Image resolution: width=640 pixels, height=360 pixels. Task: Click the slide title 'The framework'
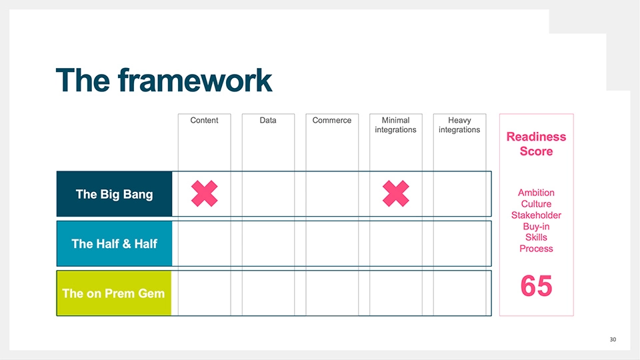(x=164, y=81)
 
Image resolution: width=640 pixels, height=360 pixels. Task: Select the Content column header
(x=204, y=121)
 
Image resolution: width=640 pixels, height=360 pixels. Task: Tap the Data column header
(x=268, y=121)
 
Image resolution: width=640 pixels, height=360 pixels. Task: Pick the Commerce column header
(x=332, y=121)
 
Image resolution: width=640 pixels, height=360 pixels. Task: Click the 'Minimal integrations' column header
(x=395, y=125)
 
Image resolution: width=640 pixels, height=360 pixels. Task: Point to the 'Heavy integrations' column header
(x=459, y=125)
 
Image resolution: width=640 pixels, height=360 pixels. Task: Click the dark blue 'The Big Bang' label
(x=114, y=195)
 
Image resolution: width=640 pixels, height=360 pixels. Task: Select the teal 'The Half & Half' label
(x=114, y=244)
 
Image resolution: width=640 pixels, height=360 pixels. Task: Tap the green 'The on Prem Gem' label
(x=113, y=293)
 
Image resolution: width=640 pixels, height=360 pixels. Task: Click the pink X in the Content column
(x=205, y=193)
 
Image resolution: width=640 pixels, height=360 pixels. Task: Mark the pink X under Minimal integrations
(x=396, y=193)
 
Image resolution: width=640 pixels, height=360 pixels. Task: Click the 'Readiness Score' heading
(x=536, y=144)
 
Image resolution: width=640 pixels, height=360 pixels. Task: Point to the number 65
(x=536, y=286)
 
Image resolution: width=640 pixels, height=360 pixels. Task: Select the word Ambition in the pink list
(x=536, y=193)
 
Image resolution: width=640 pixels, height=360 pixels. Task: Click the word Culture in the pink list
(x=536, y=204)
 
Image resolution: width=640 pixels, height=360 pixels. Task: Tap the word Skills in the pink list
(x=536, y=237)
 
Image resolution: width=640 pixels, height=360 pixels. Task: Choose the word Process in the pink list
(x=536, y=249)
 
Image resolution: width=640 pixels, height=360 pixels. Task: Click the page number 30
(x=613, y=340)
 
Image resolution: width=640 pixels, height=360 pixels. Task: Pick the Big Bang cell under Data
(x=268, y=194)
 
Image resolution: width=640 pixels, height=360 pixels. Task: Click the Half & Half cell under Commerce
(x=332, y=243)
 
